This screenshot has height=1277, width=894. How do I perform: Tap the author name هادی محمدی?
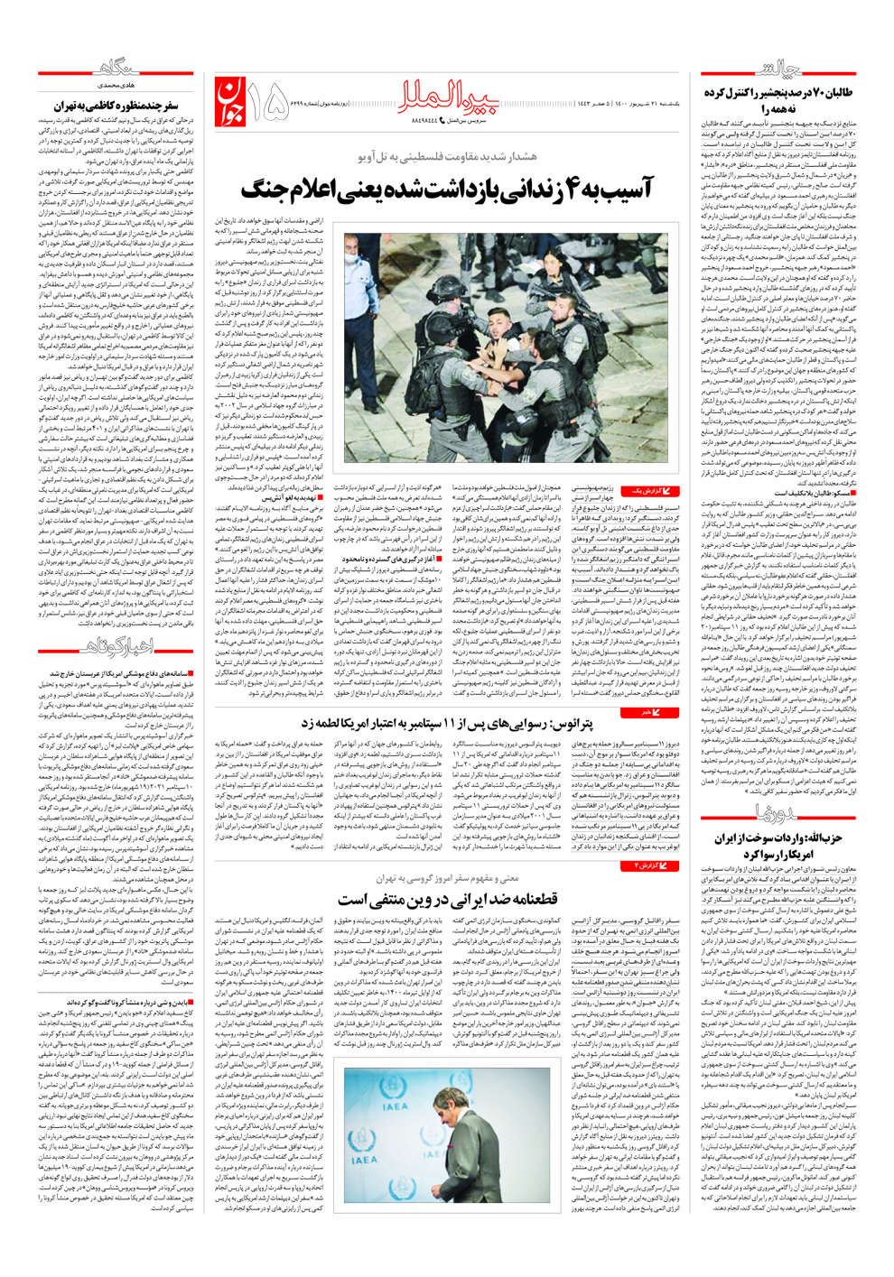105,84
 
